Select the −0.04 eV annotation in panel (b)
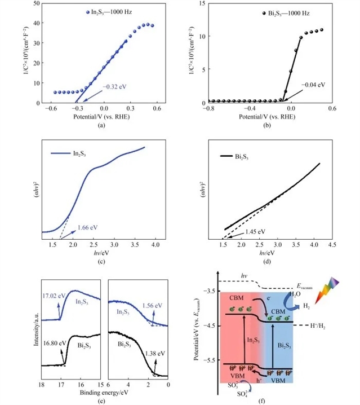(x=313, y=85)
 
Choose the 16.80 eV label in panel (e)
(x=54, y=341)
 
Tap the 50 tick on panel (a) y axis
(x=35, y=3)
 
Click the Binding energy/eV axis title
(x=104, y=393)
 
